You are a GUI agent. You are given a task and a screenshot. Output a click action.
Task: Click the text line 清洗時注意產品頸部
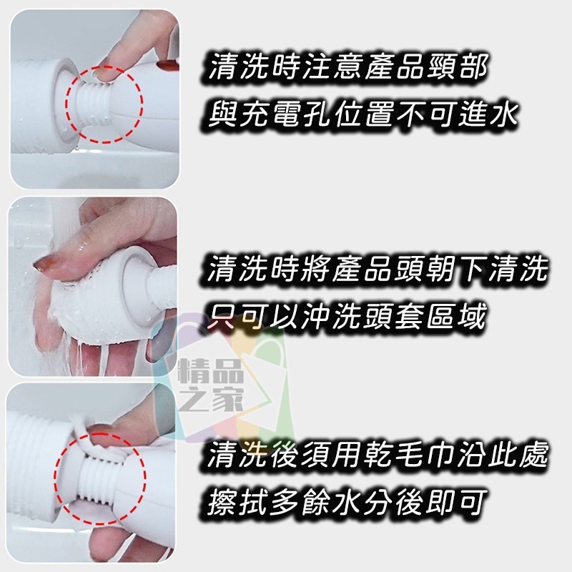click(x=349, y=70)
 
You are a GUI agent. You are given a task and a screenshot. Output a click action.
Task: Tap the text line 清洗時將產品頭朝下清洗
click(x=378, y=271)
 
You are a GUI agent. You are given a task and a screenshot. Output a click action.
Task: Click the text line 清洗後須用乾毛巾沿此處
click(x=378, y=455)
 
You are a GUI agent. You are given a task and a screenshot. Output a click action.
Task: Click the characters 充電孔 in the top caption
click(x=286, y=114)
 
